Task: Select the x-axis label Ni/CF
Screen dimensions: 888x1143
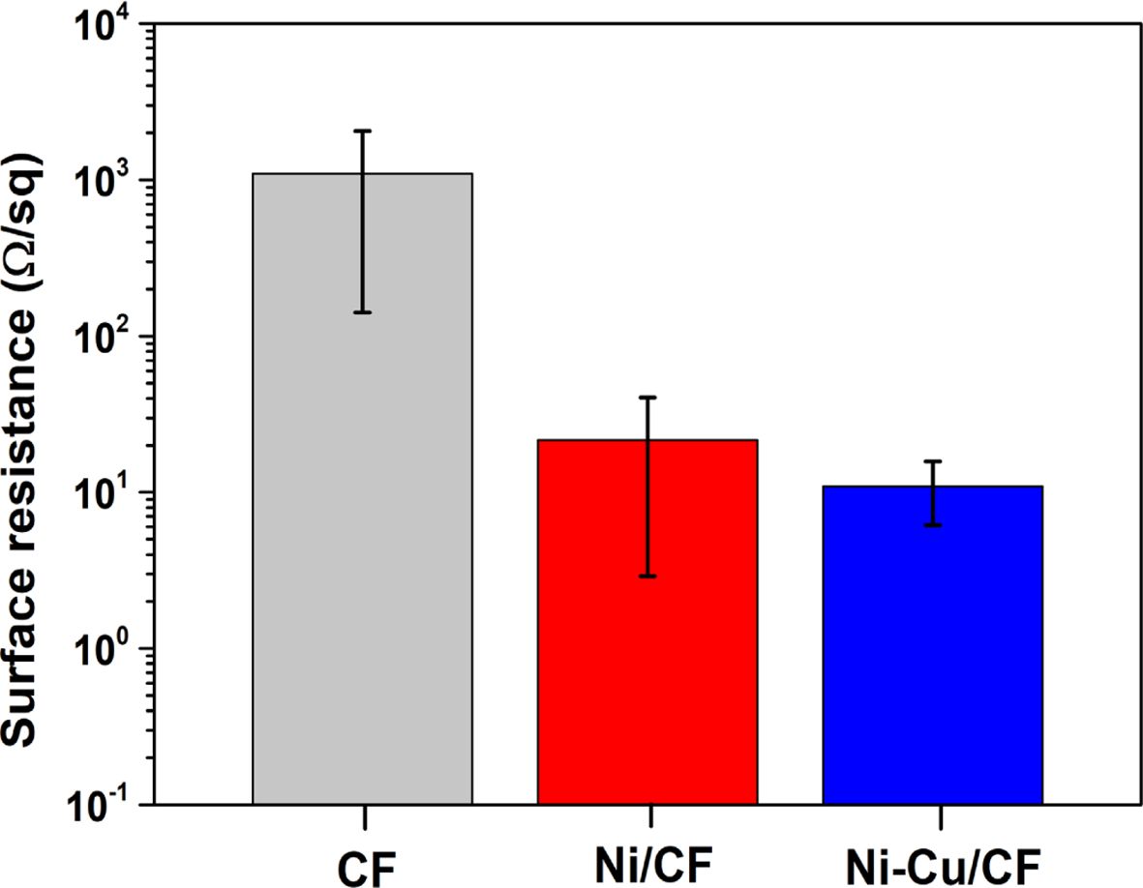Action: pyautogui.click(x=647, y=860)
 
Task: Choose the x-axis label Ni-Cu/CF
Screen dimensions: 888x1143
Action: pyautogui.click(x=933, y=860)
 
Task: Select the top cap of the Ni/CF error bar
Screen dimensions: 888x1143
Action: pyautogui.click(x=647, y=397)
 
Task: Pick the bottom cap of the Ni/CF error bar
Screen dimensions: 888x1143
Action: pyautogui.click(x=647, y=576)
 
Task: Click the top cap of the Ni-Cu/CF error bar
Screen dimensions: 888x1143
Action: pyautogui.click(x=933, y=460)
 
